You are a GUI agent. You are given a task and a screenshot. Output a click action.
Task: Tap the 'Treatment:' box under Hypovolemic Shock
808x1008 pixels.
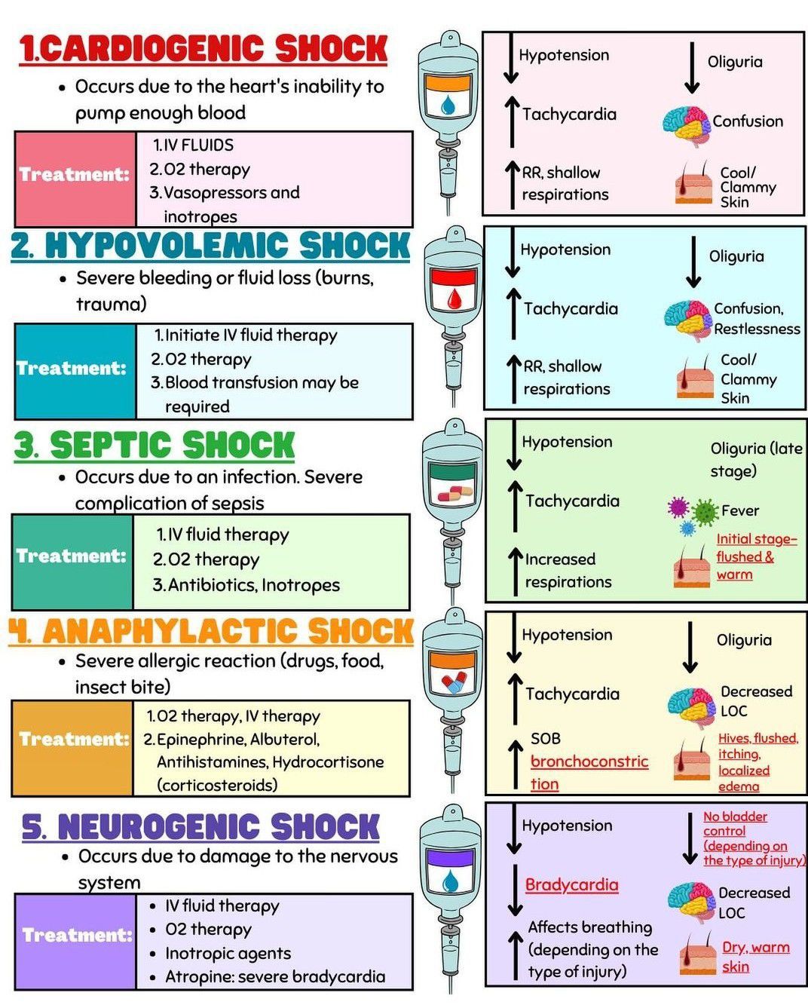tap(74, 369)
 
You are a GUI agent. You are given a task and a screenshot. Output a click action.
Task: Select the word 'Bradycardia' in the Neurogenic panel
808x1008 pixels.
tap(571, 885)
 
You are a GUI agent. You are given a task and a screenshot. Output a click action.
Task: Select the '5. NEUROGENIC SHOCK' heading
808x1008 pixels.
tap(200, 827)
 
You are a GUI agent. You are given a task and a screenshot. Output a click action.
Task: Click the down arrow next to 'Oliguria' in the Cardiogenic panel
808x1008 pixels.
tap(692, 68)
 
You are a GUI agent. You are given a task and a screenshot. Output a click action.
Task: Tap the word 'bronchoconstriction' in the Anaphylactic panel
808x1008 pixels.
tap(589, 771)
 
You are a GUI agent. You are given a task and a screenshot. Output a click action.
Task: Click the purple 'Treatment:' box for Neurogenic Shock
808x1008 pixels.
tap(75, 936)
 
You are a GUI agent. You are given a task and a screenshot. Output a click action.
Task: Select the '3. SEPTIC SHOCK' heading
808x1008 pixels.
tap(155, 445)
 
